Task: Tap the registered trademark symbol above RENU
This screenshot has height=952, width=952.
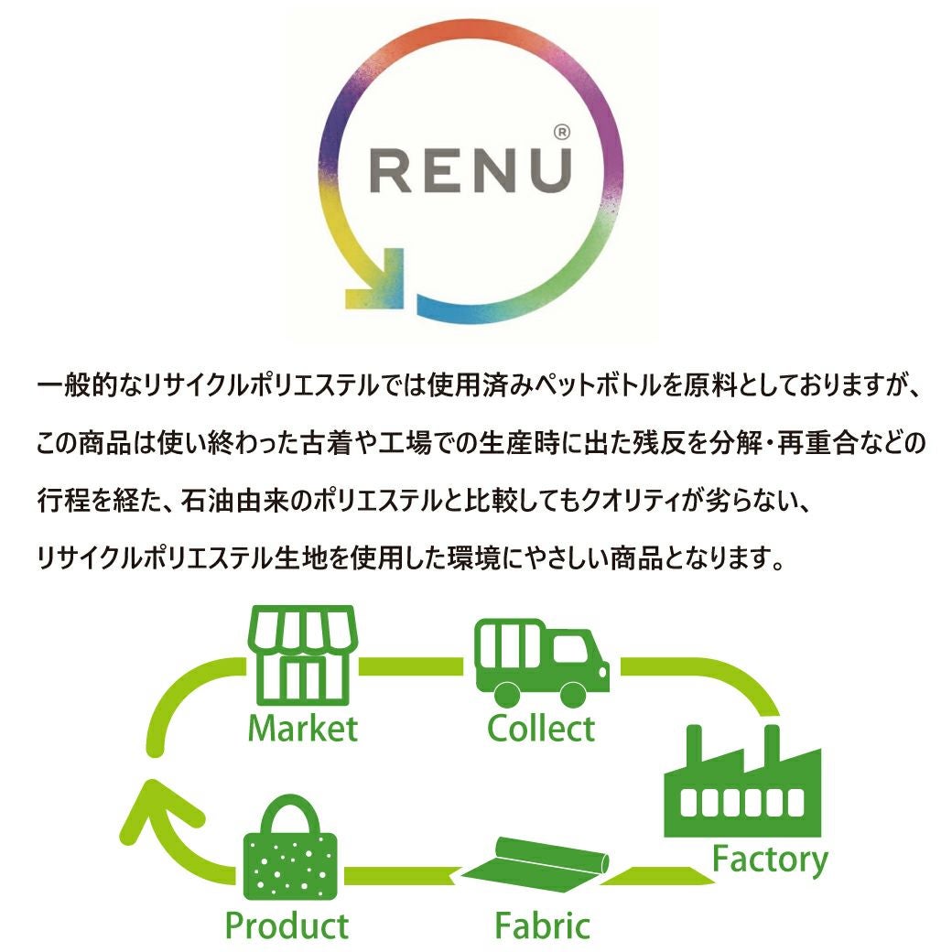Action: pyautogui.click(x=562, y=133)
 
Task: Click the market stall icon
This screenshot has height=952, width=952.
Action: pyautogui.click(x=301, y=654)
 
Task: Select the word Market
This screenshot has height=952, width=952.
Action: pyautogui.click(x=302, y=730)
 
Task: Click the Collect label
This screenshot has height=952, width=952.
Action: pyautogui.click(x=541, y=730)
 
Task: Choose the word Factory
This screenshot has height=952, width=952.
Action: pyautogui.click(x=770, y=860)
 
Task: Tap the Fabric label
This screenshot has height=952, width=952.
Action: pyautogui.click(x=542, y=925)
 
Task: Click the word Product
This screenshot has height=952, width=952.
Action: pyautogui.click(x=287, y=925)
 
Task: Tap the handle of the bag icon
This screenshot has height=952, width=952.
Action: pyautogui.click(x=291, y=810)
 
